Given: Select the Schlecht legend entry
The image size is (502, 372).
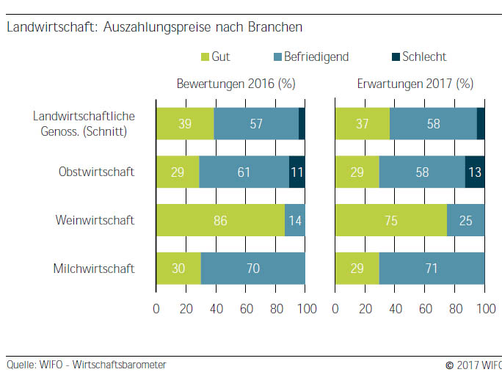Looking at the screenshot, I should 423,56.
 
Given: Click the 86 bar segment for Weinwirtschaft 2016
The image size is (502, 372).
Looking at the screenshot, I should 220,220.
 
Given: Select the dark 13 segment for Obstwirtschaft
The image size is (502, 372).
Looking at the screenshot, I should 475,172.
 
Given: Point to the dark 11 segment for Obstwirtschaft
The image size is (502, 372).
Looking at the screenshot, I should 297,172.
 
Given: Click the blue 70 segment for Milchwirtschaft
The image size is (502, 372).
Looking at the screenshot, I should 252,269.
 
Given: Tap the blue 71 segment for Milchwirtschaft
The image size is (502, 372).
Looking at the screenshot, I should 432,269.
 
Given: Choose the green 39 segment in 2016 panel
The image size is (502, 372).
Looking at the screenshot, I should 185,123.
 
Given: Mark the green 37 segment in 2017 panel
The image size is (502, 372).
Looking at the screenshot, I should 363,123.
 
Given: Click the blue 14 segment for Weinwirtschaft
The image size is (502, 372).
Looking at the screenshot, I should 295,220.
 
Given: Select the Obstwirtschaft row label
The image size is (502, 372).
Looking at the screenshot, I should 96,172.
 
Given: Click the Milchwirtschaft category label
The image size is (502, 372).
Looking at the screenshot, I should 93,269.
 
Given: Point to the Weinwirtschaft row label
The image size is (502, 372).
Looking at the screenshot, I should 95,220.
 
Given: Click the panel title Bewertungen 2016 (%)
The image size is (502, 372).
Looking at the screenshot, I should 236,84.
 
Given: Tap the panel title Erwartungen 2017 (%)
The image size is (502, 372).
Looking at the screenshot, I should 415,84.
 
